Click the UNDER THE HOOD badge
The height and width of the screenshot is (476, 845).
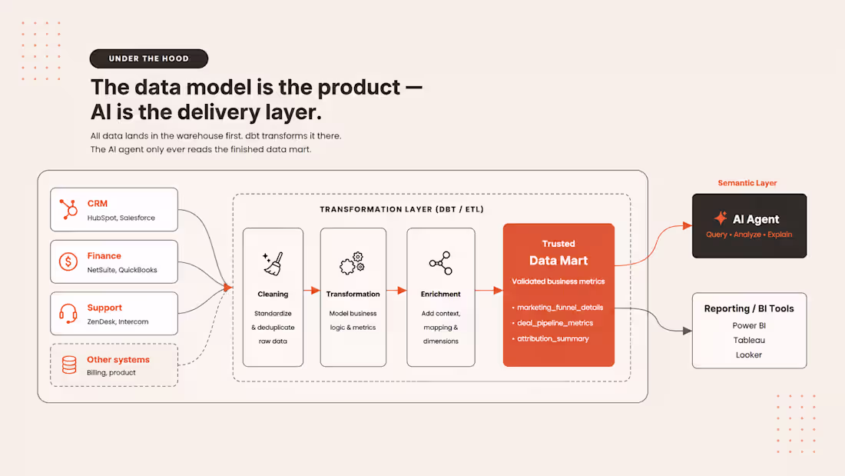pos(149,58)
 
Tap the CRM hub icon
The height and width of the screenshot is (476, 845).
pos(68,209)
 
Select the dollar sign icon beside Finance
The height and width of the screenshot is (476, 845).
pos(68,261)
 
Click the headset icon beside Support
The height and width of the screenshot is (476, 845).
pos(68,313)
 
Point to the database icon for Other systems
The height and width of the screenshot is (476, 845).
pos(69,364)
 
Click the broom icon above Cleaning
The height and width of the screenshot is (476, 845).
pos(273,264)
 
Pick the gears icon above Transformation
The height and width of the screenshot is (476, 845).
pos(353,263)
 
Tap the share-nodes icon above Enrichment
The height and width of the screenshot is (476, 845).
pos(440,263)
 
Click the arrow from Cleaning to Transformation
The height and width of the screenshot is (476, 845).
pos(311,291)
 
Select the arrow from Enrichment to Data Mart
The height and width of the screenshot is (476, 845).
pos(489,291)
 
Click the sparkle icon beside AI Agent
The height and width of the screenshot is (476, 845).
pos(721,218)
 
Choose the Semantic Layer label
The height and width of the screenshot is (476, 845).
pos(747,183)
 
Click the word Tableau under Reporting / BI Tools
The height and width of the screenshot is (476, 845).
pos(749,340)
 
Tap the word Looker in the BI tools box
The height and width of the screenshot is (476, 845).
pos(749,355)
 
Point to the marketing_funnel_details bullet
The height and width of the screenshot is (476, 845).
pos(557,308)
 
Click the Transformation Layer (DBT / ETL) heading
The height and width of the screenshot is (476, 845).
pos(402,209)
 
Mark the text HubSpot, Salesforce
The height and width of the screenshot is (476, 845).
pos(121,218)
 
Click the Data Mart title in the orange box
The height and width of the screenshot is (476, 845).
pos(558,261)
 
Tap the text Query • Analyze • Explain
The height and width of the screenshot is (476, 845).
pos(749,235)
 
